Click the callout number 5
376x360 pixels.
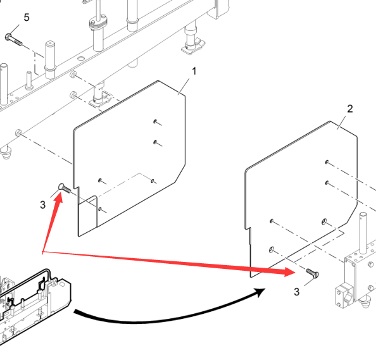(27, 18)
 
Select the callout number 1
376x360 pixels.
(194, 71)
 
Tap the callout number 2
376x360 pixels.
(350, 109)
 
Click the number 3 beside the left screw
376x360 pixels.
(42, 205)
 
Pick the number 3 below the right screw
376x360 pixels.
(297, 292)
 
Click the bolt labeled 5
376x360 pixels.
(13, 40)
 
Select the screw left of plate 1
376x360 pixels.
(65, 188)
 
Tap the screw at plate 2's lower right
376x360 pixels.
(313, 273)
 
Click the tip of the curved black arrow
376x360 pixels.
(265, 289)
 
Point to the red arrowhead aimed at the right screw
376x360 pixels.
(290, 272)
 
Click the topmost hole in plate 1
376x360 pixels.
(155, 121)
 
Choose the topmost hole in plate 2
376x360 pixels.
(327, 162)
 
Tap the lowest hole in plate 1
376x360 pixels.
(100, 209)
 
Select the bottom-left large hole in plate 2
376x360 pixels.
(272, 249)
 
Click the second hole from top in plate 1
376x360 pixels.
(155, 142)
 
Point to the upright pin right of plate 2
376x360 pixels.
(363, 233)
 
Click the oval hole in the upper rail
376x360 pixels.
(81, 58)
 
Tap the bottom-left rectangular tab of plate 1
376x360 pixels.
(88, 216)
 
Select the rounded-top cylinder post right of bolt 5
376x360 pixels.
(50, 59)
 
